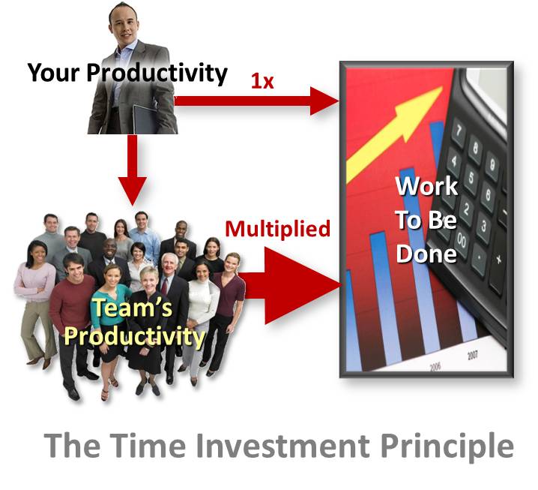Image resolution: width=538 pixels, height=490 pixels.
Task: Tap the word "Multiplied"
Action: pyautogui.click(x=278, y=228)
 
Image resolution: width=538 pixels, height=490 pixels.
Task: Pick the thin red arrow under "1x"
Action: pyautogui.click(x=255, y=101)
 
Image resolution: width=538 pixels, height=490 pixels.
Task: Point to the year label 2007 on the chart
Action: pyautogui.click(x=472, y=354)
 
